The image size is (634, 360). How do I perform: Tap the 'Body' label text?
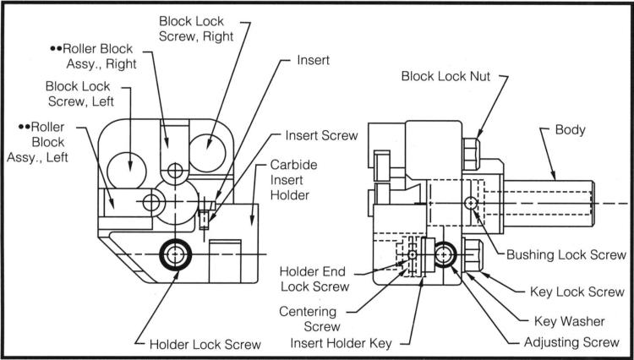click(x=570, y=133)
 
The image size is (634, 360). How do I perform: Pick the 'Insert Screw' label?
click(x=321, y=134)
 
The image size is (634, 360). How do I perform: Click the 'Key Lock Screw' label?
click(x=578, y=292)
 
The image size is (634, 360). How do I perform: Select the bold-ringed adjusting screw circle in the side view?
click(x=445, y=254)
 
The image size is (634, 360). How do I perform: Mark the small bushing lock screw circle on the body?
click(x=471, y=202)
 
